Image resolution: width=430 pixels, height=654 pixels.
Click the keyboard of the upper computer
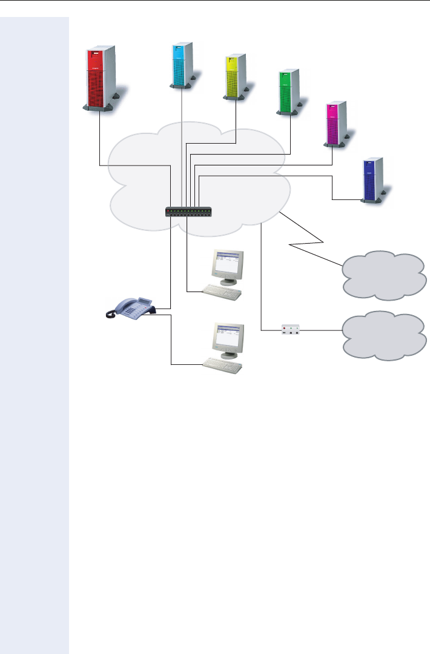pyautogui.click(x=221, y=292)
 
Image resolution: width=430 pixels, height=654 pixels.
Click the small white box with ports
pyautogui.click(x=291, y=330)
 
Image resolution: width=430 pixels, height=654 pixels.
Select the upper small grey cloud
pyautogui.click(x=382, y=275)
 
